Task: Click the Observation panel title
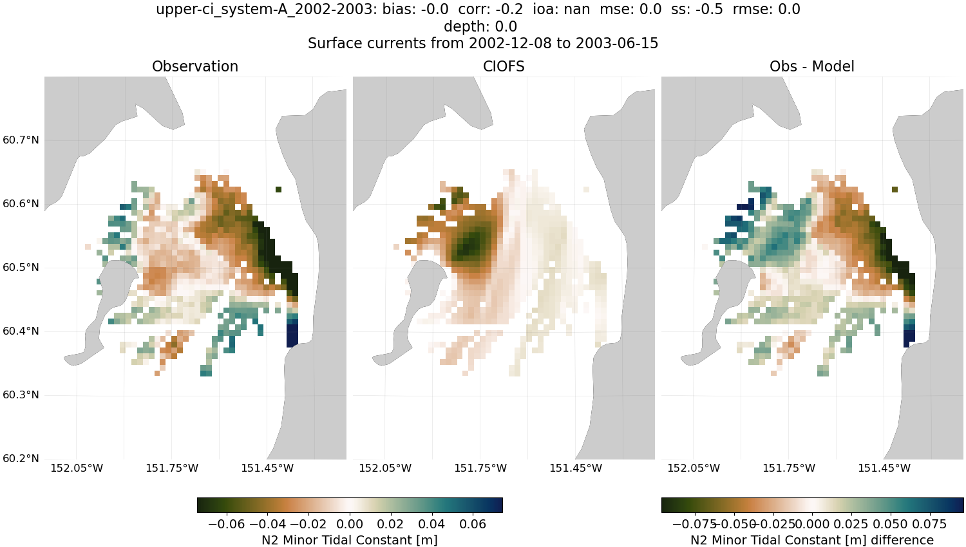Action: point(194,66)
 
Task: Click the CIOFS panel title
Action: point(504,66)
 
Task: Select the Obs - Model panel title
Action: point(811,66)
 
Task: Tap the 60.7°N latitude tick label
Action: point(21,140)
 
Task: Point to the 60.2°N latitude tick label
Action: point(21,459)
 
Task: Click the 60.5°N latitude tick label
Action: point(21,268)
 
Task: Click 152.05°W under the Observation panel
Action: point(77,468)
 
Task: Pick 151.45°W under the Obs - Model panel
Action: point(884,468)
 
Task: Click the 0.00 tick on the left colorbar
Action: point(350,524)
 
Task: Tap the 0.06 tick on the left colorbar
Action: point(473,524)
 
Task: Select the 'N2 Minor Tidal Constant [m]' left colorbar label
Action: point(349,540)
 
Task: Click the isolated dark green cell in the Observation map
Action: point(278,190)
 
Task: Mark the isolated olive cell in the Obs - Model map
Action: point(895,190)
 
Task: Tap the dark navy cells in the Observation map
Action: point(292,335)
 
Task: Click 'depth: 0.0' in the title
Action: point(480,26)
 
